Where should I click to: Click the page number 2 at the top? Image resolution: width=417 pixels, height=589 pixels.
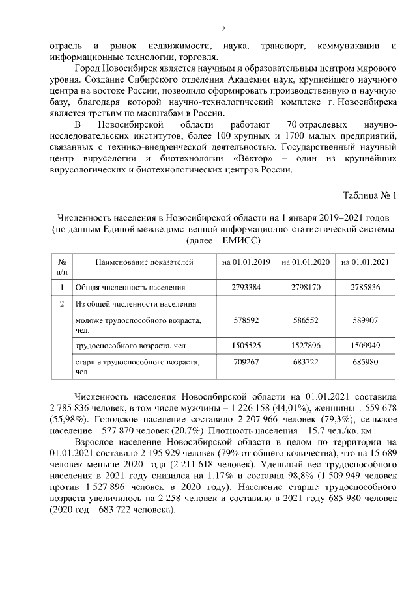[223, 29]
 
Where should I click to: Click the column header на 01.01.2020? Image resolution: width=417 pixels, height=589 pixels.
[306, 262]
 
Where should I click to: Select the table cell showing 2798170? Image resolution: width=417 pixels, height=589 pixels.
[306, 286]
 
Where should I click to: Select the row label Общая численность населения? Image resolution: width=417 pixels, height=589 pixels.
[130, 286]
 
